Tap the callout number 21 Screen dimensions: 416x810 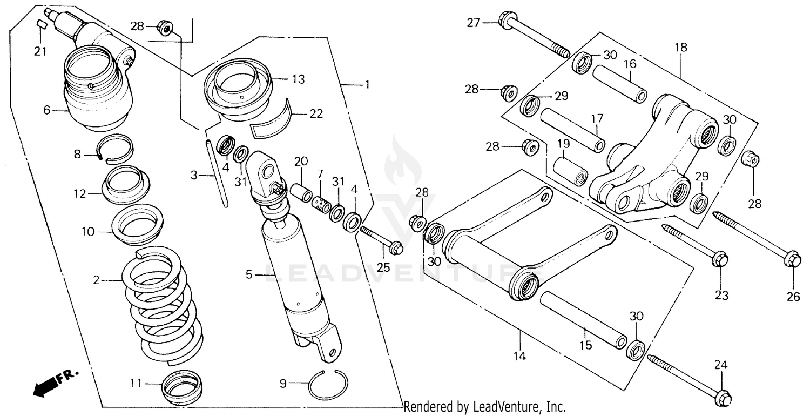(40, 52)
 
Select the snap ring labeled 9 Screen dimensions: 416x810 (328, 386)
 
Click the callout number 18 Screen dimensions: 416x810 (680, 48)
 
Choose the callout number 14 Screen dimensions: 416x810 (519, 357)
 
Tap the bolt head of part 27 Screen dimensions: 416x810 (509, 22)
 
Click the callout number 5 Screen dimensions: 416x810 (249, 275)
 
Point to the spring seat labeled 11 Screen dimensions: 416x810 (183, 386)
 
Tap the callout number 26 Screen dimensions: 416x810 (793, 296)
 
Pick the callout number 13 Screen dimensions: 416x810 (298, 79)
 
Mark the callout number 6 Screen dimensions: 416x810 (47, 110)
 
